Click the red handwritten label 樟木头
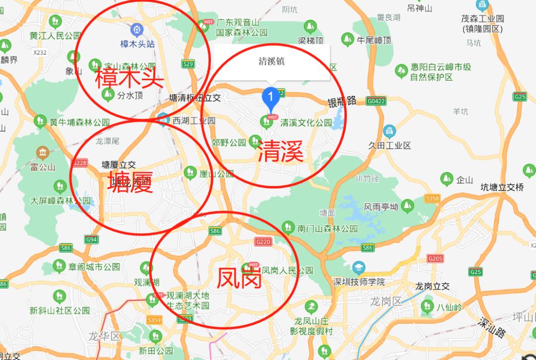pos(130,77)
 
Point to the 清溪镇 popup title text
pos(271,61)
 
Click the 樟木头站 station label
pos(137,44)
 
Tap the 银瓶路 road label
pos(342,101)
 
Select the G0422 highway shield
pos(376,101)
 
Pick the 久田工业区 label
pos(390,145)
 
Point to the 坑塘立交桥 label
pos(502,187)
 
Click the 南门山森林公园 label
pos(328,229)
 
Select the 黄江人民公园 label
pos(55,36)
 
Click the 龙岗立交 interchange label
pos(432,286)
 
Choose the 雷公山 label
pos(43,167)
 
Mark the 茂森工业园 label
pos(482,19)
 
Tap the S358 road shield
pos(432,198)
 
